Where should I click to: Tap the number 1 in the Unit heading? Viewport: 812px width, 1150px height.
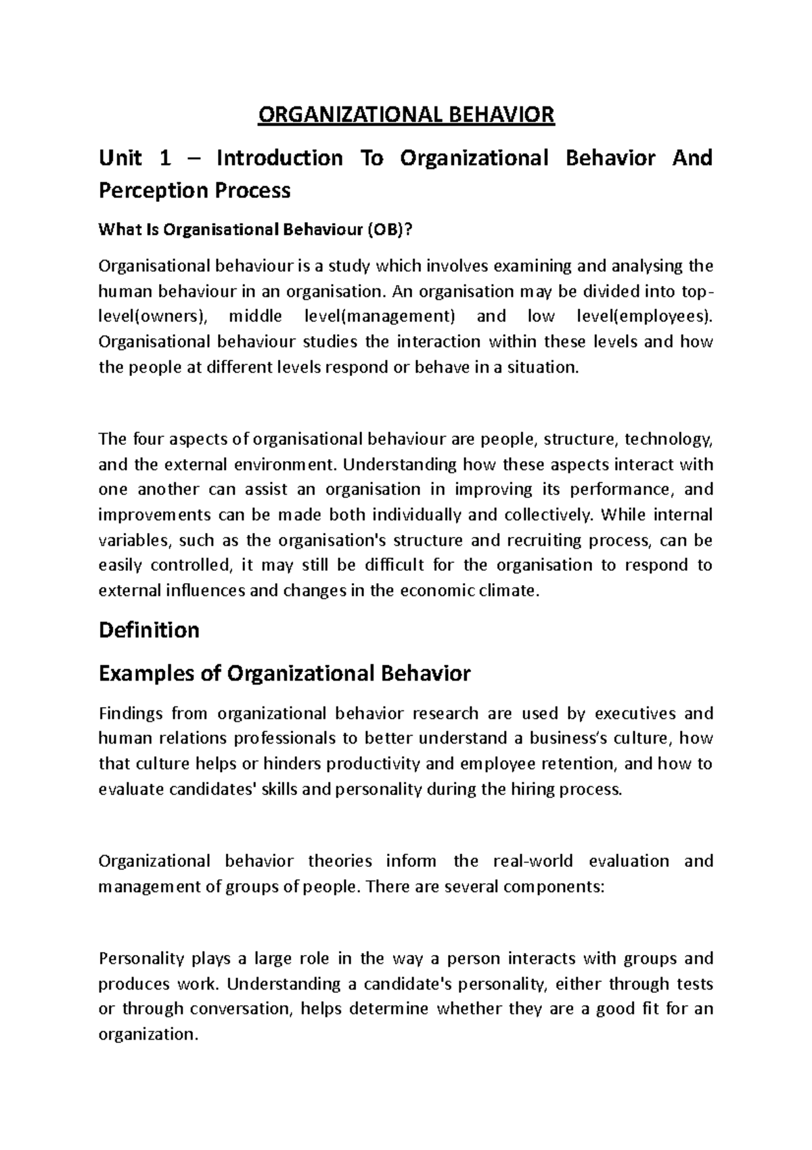point(163,158)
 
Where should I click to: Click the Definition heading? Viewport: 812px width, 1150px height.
point(149,631)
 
